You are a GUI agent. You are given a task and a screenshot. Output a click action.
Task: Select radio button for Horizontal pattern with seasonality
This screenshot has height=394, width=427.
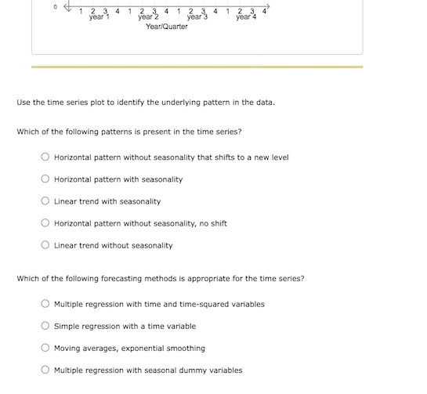click(x=45, y=179)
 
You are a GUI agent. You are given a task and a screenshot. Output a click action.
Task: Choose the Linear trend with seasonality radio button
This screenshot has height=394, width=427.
click(x=45, y=201)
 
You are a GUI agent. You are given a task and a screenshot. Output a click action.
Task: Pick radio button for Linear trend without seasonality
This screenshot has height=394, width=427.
click(x=45, y=245)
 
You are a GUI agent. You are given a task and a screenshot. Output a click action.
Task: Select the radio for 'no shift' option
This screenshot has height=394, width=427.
click(x=45, y=223)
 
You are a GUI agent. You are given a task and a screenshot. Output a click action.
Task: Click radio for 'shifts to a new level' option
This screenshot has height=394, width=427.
click(x=45, y=157)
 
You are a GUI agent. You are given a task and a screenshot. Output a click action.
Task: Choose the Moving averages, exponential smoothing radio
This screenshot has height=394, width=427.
click(x=45, y=348)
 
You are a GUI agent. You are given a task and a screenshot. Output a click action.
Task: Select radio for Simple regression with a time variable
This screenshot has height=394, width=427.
click(x=45, y=326)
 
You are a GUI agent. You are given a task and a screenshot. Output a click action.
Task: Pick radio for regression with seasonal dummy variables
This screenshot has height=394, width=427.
click(x=45, y=370)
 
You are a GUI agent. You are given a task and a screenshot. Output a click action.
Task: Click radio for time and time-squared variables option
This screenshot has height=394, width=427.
click(x=45, y=304)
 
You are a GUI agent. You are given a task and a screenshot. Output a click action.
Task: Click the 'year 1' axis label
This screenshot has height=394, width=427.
click(x=99, y=16)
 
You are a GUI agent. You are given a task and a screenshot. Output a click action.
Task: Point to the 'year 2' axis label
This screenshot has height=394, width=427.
click(x=148, y=16)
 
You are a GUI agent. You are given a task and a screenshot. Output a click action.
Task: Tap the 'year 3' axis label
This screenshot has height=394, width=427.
click(x=197, y=16)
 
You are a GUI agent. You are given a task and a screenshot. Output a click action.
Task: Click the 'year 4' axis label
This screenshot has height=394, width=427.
click(x=246, y=16)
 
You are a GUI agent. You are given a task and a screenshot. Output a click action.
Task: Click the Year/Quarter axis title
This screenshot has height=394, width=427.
click(x=167, y=27)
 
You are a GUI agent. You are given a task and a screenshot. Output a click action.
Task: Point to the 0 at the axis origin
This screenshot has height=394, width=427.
click(x=55, y=6)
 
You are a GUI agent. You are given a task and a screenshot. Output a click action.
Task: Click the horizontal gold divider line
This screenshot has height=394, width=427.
click(x=197, y=67)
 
